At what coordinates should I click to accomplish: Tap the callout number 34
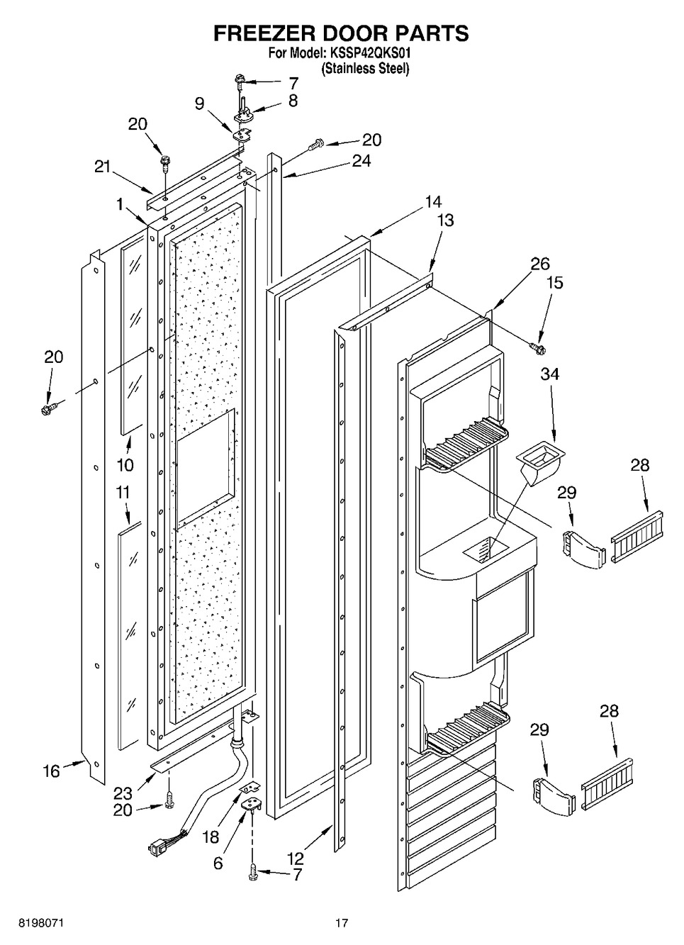coord(549,374)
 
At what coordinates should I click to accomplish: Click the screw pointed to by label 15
coord(538,347)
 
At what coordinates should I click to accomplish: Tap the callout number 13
coord(445,220)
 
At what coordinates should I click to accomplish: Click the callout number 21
coord(103,167)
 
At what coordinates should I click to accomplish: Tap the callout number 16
coord(52,771)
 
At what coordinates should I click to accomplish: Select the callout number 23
coord(123,793)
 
